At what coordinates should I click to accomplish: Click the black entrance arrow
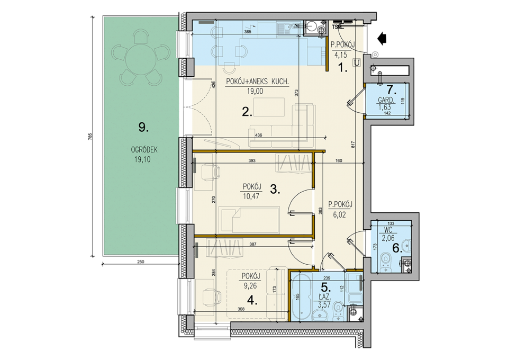[382, 39]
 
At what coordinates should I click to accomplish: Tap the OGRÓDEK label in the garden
[144, 150]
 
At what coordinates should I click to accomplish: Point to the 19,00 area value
[255, 92]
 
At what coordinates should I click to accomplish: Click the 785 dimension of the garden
[90, 136]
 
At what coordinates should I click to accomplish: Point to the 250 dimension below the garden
[140, 262]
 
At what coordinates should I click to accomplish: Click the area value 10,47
[251, 196]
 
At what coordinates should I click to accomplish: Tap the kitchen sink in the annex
[289, 28]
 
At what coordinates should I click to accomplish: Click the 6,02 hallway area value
[339, 214]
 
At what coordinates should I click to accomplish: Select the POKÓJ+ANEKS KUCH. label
[257, 82]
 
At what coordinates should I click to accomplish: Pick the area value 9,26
[251, 286]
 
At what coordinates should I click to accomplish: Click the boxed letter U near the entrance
[357, 62]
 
